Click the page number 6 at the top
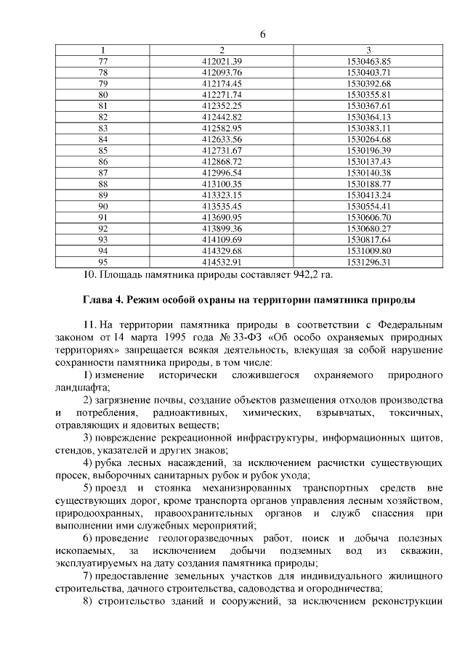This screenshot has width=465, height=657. tap(262, 35)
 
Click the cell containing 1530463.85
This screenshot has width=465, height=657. tap(369, 62)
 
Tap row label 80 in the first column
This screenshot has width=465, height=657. tap(102, 94)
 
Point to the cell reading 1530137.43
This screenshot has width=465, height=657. tap(369, 161)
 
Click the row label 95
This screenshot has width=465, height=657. tap(102, 261)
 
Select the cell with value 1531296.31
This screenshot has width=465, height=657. tap(369, 261)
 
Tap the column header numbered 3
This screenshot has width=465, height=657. tap(369, 50)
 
